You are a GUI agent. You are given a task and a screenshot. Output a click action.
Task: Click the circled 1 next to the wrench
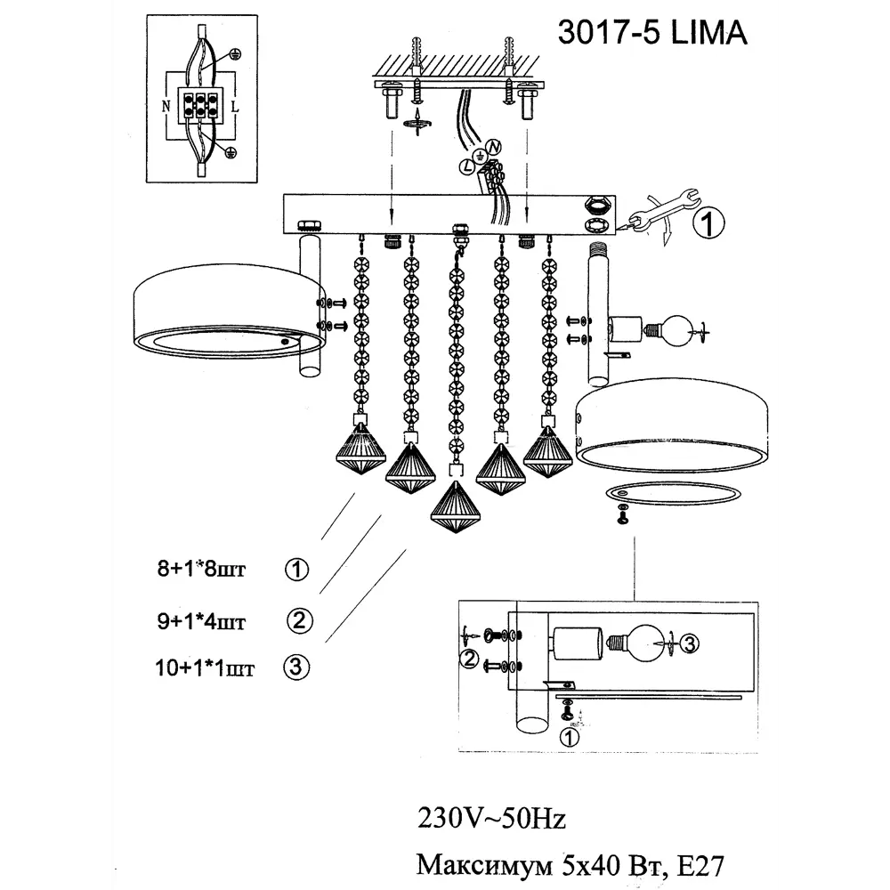point(706,224)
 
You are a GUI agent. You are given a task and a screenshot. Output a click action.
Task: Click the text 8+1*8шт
point(200,570)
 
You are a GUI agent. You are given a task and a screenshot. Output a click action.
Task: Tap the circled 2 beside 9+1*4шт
point(301,621)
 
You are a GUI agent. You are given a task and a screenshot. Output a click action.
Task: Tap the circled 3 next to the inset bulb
point(692,643)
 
